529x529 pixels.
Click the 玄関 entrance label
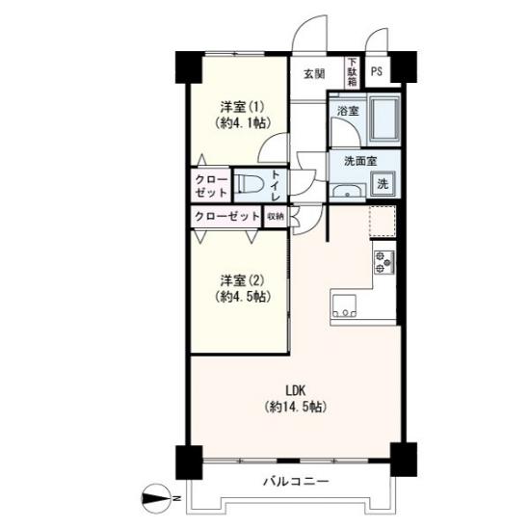(x=314, y=74)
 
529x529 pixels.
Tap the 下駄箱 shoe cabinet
(x=353, y=72)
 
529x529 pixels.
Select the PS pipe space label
(x=377, y=71)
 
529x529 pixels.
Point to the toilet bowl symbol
(x=249, y=183)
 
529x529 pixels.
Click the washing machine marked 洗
(x=383, y=183)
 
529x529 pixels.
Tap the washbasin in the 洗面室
(x=348, y=191)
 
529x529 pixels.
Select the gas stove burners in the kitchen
(x=384, y=262)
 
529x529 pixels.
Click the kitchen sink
(x=344, y=306)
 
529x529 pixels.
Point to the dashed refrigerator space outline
(x=383, y=221)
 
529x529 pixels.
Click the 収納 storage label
(x=276, y=216)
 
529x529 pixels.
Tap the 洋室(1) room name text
(x=242, y=107)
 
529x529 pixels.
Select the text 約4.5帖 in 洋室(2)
(x=243, y=297)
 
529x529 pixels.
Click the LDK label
(x=296, y=390)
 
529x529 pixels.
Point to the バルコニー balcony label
(x=296, y=481)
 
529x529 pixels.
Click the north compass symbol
(x=156, y=498)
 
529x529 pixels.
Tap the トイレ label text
(x=276, y=185)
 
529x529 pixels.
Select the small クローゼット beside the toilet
(x=211, y=185)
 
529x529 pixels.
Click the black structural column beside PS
(x=404, y=66)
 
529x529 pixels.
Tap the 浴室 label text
(x=348, y=111)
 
